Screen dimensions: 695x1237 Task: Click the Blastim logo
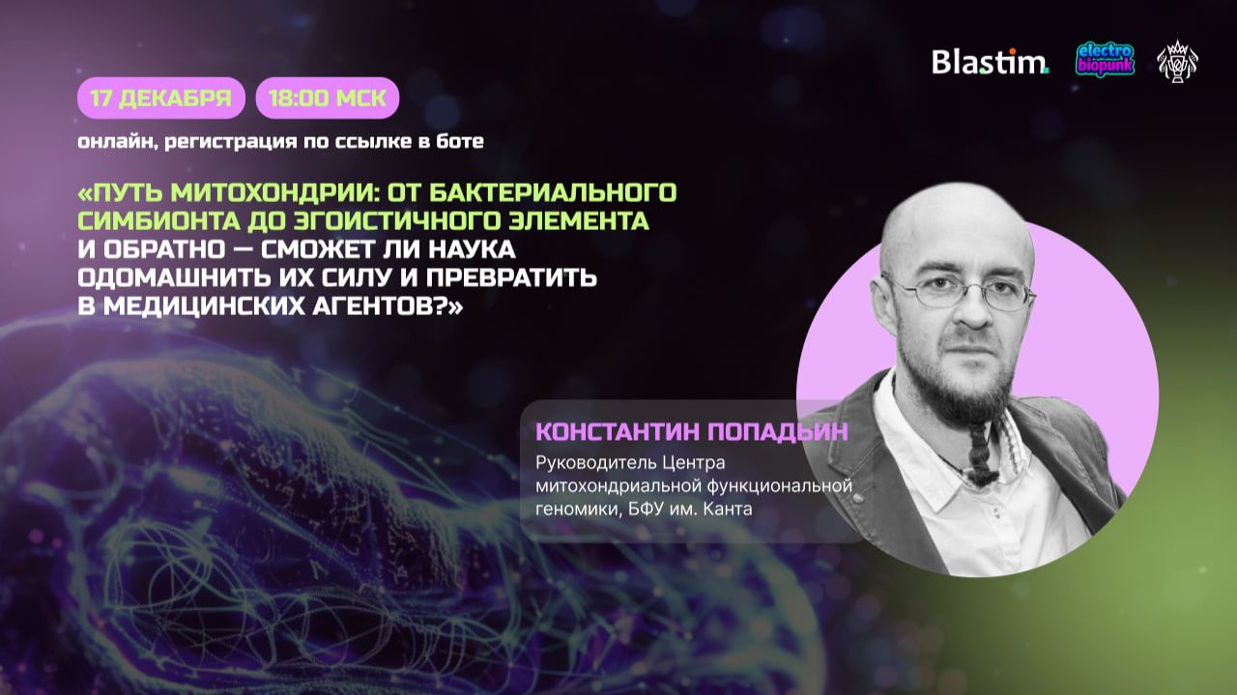click(990, 61)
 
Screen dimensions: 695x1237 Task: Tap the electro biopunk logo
click(1106, 60)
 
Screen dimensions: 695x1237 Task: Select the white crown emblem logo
click(1177, 61)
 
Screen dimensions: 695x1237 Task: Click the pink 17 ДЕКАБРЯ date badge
click(161, 98)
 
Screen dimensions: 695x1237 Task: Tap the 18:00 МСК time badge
click(328, 98)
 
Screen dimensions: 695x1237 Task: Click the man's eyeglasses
click(958, 291)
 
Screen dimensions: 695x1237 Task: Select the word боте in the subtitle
click(461, 142)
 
